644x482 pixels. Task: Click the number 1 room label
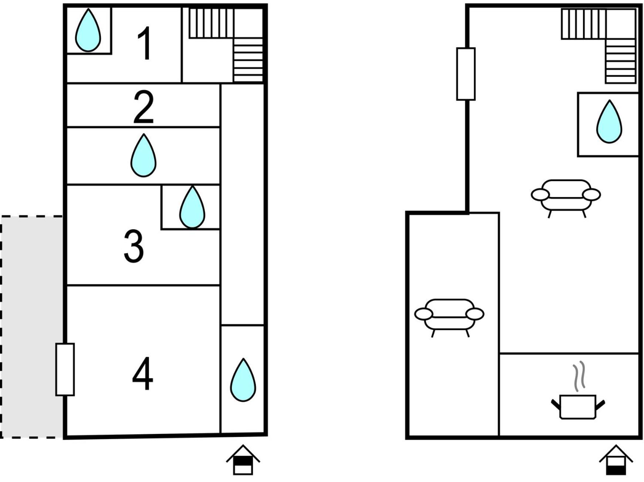144,43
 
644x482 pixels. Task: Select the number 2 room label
143,107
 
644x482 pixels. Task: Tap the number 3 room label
133,246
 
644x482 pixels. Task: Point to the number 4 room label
143,374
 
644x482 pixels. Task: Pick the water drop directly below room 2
143,155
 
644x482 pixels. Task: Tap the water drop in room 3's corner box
192,207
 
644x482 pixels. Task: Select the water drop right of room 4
243,380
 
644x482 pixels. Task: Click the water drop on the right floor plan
609,122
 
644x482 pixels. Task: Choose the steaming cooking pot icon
578,407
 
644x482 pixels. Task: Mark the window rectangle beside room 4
65,369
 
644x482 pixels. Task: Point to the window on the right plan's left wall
466,74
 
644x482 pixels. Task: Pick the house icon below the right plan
616,460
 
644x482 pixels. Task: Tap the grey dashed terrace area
32,327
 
